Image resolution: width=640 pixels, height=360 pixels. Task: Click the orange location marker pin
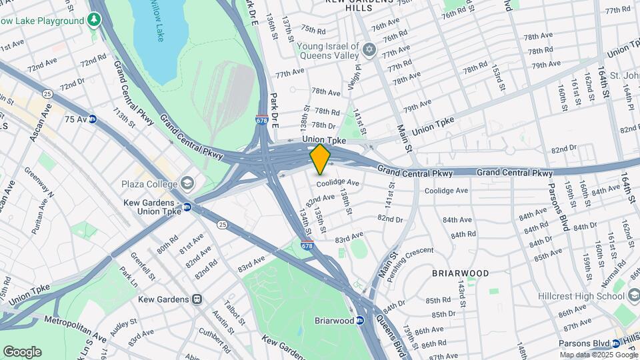point(321,159)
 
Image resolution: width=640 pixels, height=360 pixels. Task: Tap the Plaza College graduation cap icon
point(187,183)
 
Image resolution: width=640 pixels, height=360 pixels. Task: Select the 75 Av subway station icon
point(93,119)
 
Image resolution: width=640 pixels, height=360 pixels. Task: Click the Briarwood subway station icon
point(360,321)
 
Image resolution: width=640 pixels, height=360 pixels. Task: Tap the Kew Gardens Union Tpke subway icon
point(187,207)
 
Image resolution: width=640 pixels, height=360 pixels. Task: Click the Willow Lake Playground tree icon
point(95,21)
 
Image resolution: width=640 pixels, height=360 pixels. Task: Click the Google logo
point(22,351)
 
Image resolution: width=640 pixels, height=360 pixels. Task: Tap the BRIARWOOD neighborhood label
point(460,273)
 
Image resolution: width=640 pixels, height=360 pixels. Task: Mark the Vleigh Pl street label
point(354,78)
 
